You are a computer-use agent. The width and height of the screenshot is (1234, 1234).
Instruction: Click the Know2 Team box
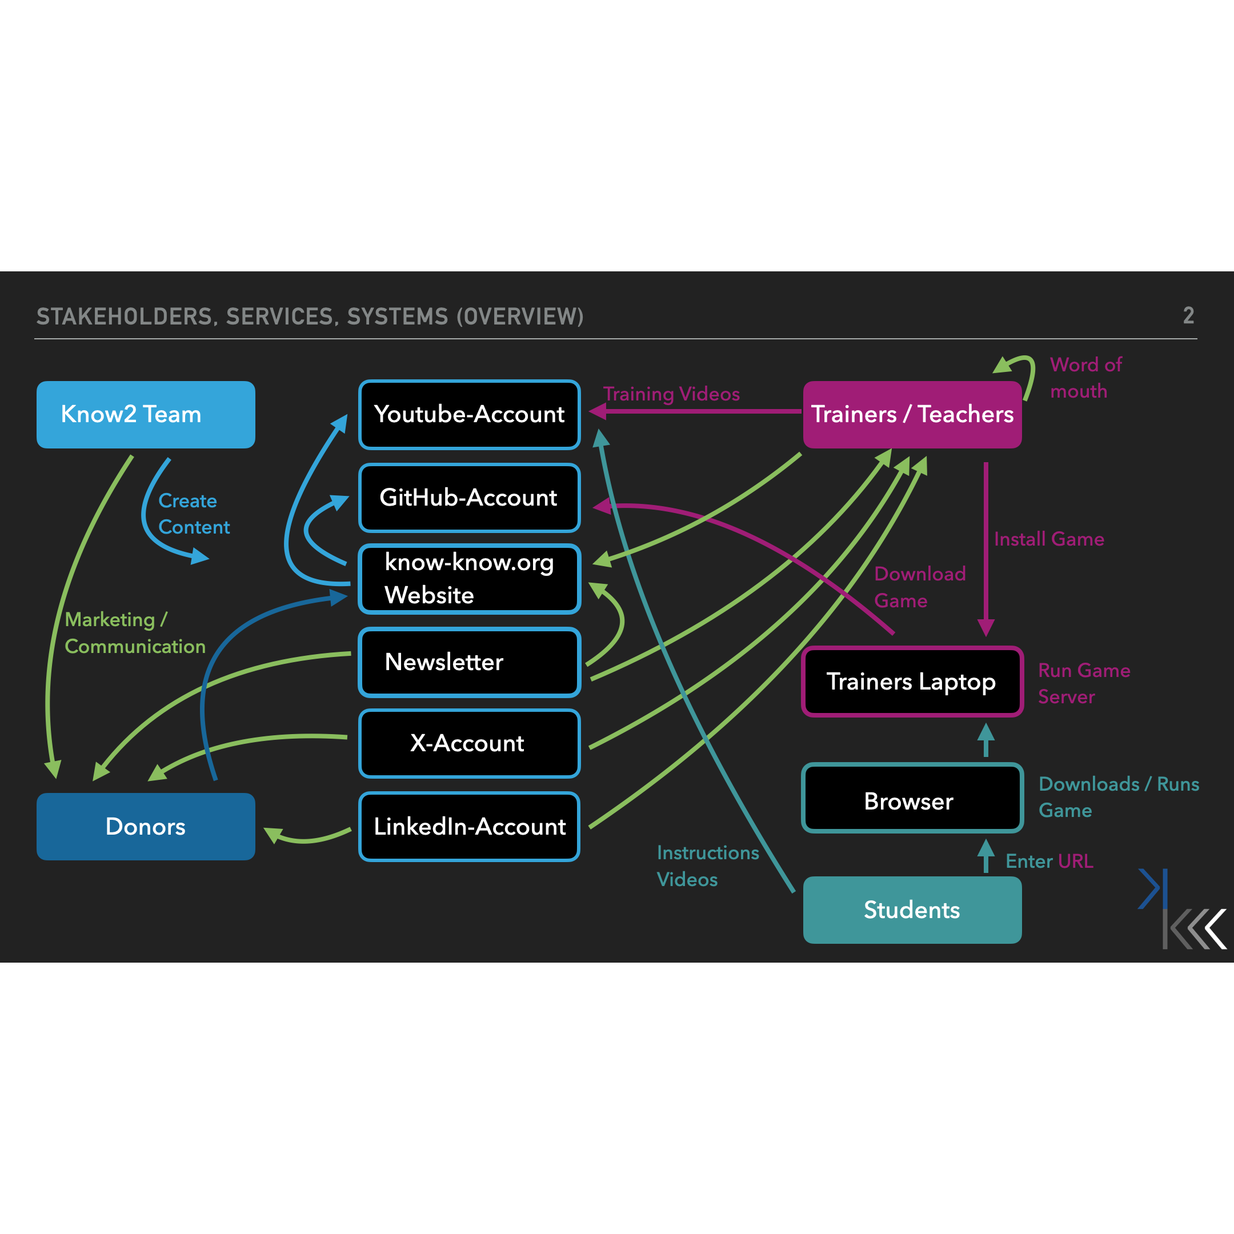(146, 415)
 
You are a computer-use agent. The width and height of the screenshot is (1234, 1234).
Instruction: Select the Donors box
(146, 827)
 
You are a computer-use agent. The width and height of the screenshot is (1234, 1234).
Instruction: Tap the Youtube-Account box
(470, 415)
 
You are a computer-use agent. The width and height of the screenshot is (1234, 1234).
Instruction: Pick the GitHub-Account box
(470, 498)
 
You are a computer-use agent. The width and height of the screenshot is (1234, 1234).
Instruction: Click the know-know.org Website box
(470, 579)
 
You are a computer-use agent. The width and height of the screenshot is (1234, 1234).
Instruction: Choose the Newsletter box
(470, 662)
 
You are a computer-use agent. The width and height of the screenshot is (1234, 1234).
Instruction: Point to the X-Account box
(470, 743)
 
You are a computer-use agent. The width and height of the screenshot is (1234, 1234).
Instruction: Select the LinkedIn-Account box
(470, 827)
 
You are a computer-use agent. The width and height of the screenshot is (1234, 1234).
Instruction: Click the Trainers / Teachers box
(912, 415)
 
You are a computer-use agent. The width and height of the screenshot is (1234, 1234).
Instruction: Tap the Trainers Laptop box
(912, 682)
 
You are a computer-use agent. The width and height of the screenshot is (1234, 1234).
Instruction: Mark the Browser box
(912, 801)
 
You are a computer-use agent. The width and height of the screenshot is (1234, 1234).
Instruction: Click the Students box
(912, 910)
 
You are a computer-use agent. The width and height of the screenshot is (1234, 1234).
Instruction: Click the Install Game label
(1049, 539)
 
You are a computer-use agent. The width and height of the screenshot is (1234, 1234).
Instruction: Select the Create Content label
(193, 514)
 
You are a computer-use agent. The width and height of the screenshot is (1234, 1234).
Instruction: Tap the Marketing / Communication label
(134, 633)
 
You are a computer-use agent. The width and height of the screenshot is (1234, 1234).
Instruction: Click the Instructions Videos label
(707, 866)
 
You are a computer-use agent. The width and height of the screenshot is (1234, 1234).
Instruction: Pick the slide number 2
(1188, 315)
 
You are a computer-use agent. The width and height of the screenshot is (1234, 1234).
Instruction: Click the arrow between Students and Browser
(985, 856)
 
